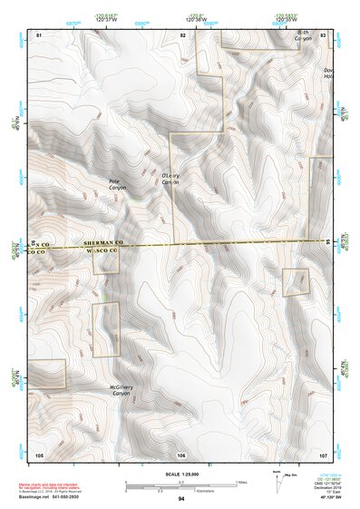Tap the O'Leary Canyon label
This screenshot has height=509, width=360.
pyautogui.click(x=170, y=178)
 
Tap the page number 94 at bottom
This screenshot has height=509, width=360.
pyautogui.click(x=181, y=499)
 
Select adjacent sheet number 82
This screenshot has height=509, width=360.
pyautogui.click(x=182, y=34)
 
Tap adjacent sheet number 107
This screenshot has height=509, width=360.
pyautogui.click(x=323, y=454)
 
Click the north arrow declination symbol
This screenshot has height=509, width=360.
pyautogui.click(x=277, y=480)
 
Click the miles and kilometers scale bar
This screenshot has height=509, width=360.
pyautogui.click(x=181, y=485)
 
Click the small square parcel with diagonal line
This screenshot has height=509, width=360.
pyautogui.click(x=296, y=282)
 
